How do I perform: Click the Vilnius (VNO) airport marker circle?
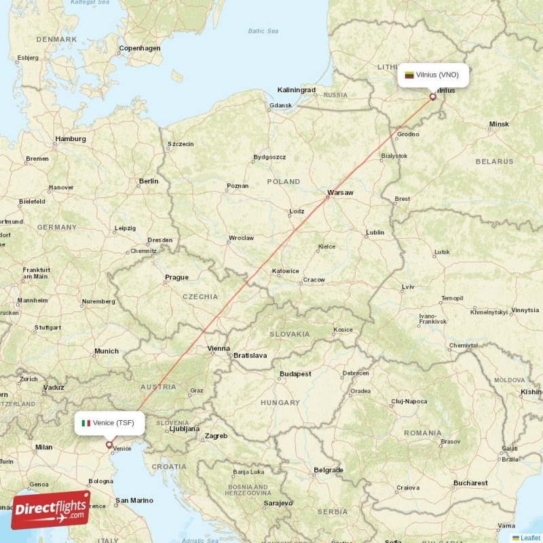click(x=432, y=97)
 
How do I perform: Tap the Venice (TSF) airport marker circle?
click(x=109, y=445)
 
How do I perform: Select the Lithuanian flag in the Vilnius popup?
click(x=409, y=75)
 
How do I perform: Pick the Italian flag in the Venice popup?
click(x=86, y=424)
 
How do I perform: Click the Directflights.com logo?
click(x=51, y=510)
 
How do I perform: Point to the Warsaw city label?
click(x=340, y=193)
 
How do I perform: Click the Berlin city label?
click(x=148, y=181)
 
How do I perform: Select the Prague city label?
click(x=176, y=277)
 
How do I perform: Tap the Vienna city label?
click(x=219, y=349)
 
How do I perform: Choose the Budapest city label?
click(x=295, y=374)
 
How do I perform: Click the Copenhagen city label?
click(x=140, y=49)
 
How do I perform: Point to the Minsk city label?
click(x=498, y=124)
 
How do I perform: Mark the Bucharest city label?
click(x=470, y=483)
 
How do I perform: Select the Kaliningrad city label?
click(x=297, y=90)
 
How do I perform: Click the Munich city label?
click(x=107, y=351)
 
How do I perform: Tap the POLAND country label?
click(x=283, y=182)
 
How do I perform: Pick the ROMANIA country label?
click(x=422, y=433)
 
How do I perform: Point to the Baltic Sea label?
click(x=263, y=31)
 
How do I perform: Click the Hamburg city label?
click(x=71, y=139)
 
